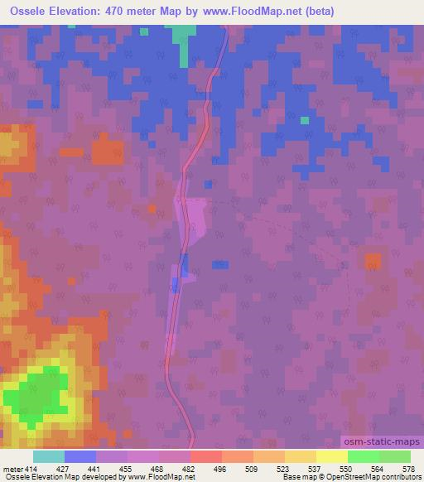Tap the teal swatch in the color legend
tap(49, 456)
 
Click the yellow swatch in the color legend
tap(331, 456)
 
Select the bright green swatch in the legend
tap(363, 456)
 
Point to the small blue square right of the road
tap(219, 264)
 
